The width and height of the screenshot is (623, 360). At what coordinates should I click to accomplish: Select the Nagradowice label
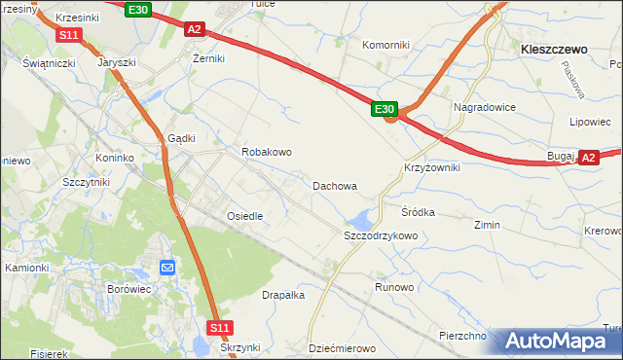click(x=484, y=107)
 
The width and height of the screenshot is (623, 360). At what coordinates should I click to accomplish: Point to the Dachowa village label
click(x=334, y=185)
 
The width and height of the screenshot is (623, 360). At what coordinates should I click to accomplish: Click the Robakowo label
click(x=267, y=153)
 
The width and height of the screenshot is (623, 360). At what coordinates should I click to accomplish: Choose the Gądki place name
click(x=183, y=138)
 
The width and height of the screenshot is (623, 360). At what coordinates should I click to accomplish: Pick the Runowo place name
click(x=395, y=288)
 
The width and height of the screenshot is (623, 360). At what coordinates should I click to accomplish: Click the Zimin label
click(x=487, y=225)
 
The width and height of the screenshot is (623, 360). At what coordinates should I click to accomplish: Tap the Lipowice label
click(x=589, y=123)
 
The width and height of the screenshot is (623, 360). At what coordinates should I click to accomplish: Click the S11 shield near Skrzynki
click(x=222, y=329)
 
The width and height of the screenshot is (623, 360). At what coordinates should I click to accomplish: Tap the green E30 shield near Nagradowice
click(x=385, y=109)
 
